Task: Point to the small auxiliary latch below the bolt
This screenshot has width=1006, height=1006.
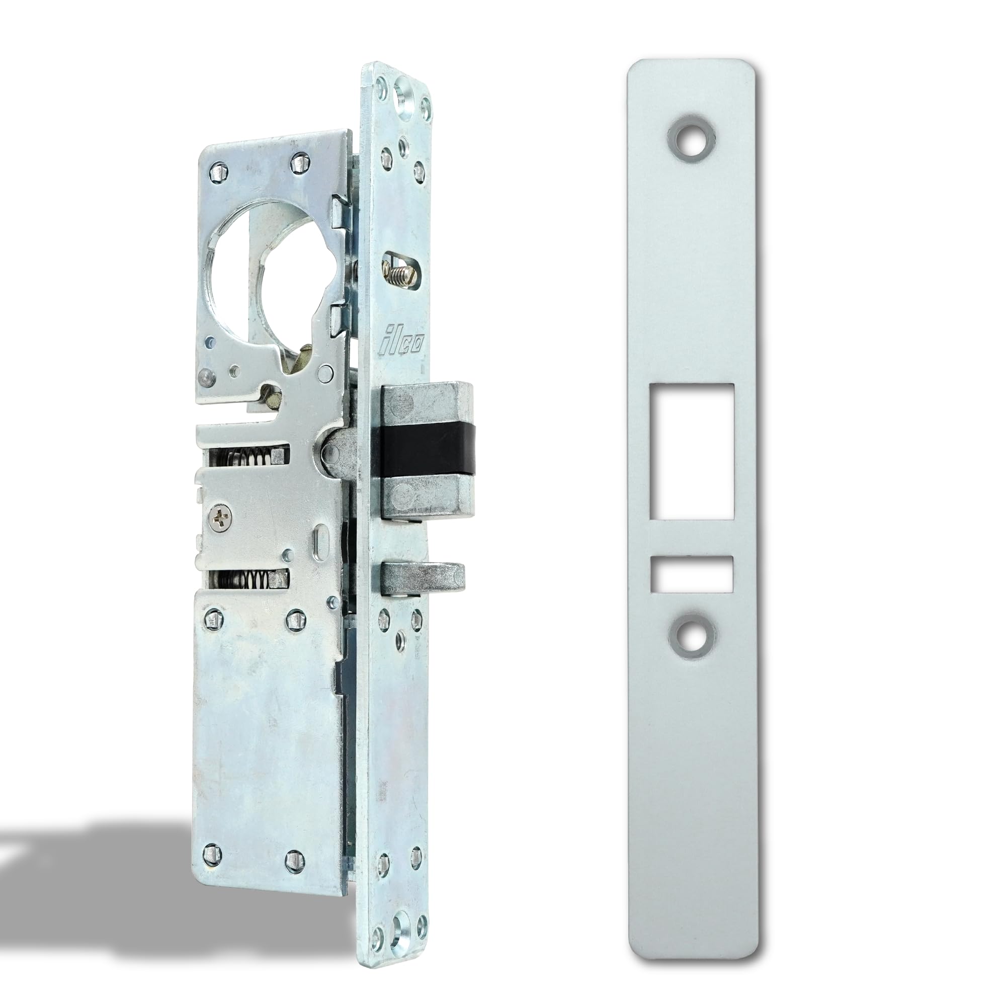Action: [x=423, y=578]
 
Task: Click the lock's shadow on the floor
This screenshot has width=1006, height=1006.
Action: [x=104, y=854]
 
